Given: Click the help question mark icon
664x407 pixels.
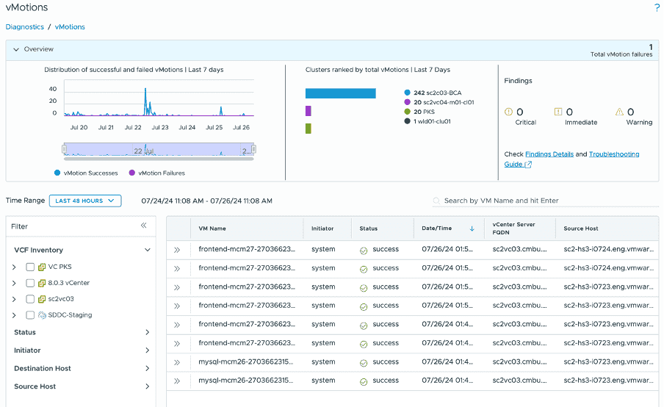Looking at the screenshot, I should click(657, 8).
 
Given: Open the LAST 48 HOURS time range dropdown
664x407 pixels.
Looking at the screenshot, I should click(85, 201).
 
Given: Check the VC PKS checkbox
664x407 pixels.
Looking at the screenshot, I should click(30, 267).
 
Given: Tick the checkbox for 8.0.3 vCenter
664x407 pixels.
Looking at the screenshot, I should click(30, 283).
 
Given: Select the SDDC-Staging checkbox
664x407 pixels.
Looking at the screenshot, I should click(30, 315).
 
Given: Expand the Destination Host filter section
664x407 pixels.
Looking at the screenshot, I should click(81, 369).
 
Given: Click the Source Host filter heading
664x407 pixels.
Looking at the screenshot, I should click(35, 386).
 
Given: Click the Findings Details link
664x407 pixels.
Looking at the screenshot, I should click(549, 154).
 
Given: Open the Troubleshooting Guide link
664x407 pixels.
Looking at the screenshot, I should click(614, 154).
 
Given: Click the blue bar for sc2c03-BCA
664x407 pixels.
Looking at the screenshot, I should click(340, 93).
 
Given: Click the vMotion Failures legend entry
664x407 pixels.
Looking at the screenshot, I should click(156, 173).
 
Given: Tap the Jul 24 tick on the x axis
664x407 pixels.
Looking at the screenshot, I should click(187, 127).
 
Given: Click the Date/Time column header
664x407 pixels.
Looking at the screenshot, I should click(437, 228).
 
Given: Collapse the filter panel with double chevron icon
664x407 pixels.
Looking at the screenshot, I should click(144, 226).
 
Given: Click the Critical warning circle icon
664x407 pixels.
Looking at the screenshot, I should click(508, 112).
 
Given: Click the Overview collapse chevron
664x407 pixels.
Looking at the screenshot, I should click(15, 49).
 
